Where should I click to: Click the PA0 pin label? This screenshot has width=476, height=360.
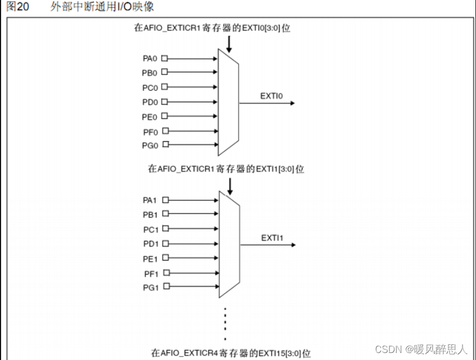point(150,58)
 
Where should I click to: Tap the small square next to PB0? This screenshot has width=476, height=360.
point(165,72)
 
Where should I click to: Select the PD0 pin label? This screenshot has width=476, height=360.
point(150,102)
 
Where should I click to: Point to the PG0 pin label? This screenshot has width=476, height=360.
point(150,145)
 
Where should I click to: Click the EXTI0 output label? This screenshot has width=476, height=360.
point(272,96)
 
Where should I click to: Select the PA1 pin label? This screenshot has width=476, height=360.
point(150,200)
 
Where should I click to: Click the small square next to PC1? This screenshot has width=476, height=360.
point(165,229)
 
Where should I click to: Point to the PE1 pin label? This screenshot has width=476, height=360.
point(150,258)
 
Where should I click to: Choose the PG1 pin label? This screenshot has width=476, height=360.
point(150,287)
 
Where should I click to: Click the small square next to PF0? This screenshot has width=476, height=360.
point(165,130)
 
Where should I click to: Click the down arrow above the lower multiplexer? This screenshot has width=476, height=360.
point(230,186)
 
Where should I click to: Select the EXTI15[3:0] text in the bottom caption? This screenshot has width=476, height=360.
point(286,353)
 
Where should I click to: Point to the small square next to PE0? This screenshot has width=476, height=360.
point(165,116)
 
